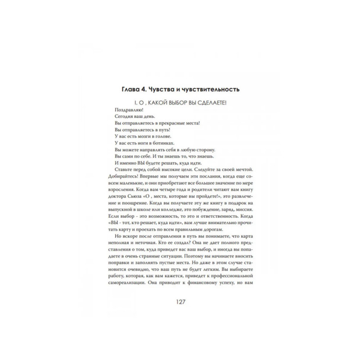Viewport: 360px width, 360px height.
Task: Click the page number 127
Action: (x=180, y=301)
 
